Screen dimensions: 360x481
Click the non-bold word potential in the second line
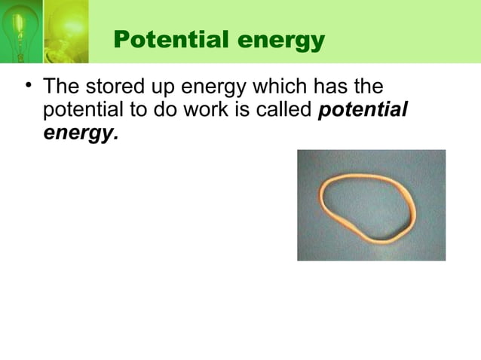tap(81, 111)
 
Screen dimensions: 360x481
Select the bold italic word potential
tap(363, 111)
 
